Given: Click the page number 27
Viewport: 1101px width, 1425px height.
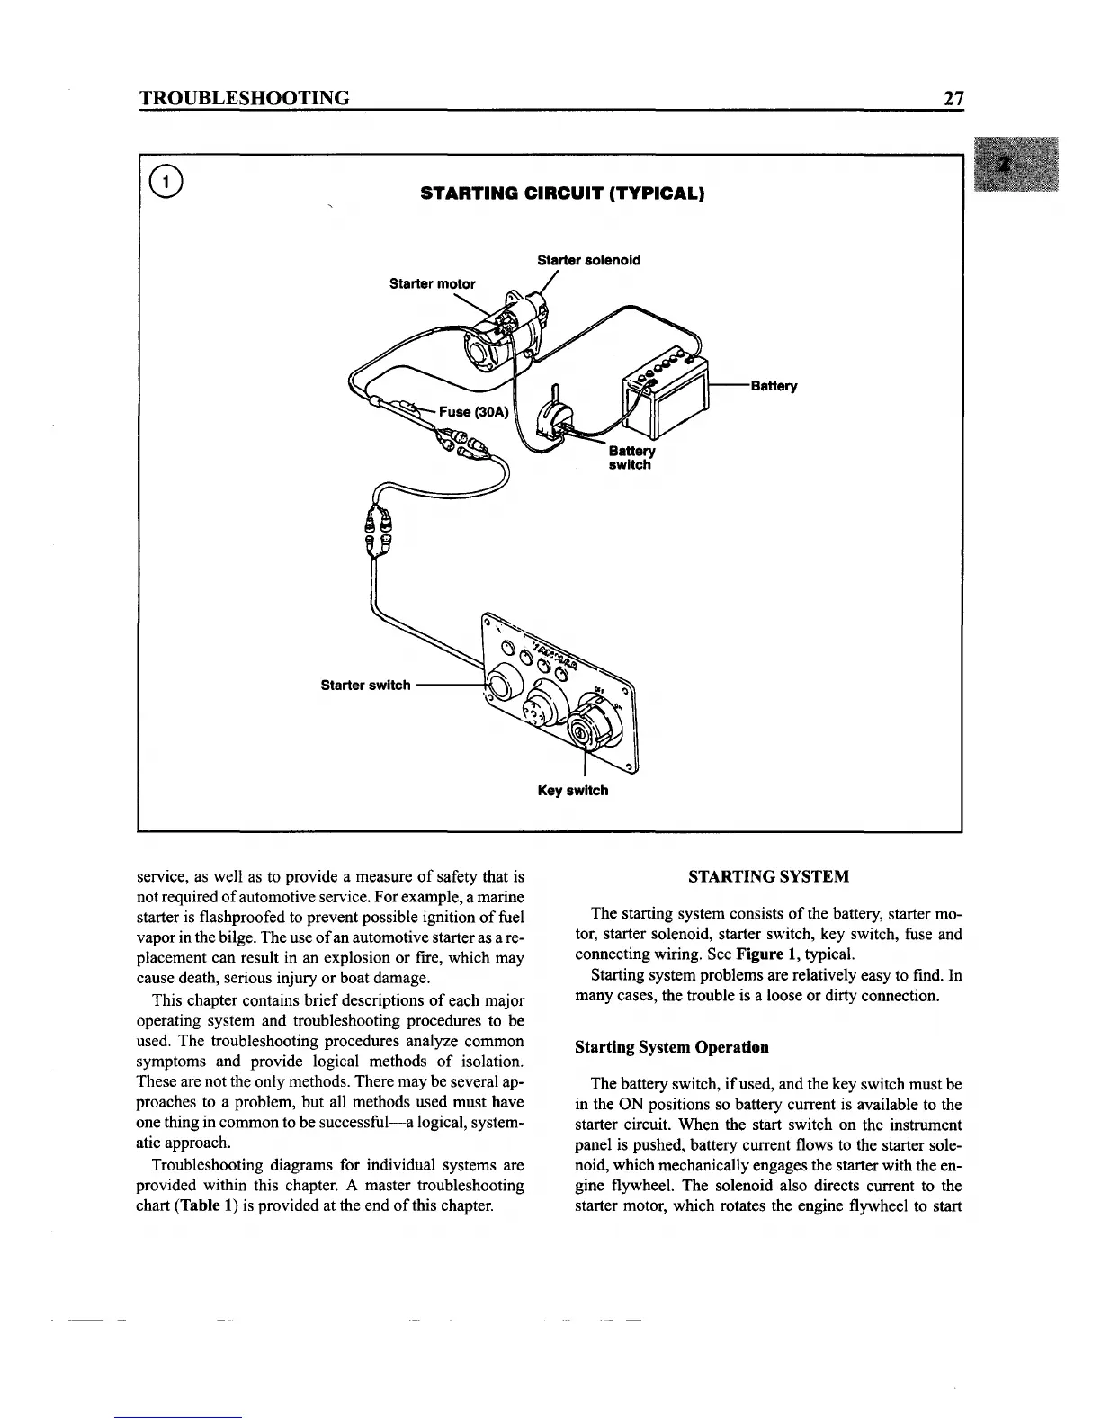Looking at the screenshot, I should tap(953, 97).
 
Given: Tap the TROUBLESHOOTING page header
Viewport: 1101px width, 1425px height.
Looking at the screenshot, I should tap(243, 97).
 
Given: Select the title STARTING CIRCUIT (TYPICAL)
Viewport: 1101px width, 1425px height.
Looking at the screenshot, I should tap(562, 193).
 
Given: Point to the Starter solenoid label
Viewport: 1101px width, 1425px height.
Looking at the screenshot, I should tap(588, 260).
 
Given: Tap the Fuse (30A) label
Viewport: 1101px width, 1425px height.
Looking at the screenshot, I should tap(474, 412).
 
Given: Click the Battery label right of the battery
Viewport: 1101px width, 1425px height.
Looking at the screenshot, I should tap(774, 387).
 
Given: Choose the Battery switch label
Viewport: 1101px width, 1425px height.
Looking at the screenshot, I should tap(631, 458).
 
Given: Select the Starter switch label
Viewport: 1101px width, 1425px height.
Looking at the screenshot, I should tap(365, 685).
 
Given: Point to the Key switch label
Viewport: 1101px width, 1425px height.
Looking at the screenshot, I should tap(572, 791).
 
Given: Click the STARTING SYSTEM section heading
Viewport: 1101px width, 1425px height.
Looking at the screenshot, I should tap(768, 876).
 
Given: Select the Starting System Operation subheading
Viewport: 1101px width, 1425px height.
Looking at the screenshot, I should tap(671, 1047).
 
